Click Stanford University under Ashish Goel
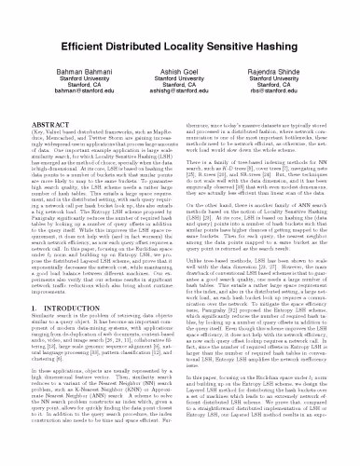(180, 53)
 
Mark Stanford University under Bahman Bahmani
(66, 53)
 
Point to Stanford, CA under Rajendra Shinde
(294, 62)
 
